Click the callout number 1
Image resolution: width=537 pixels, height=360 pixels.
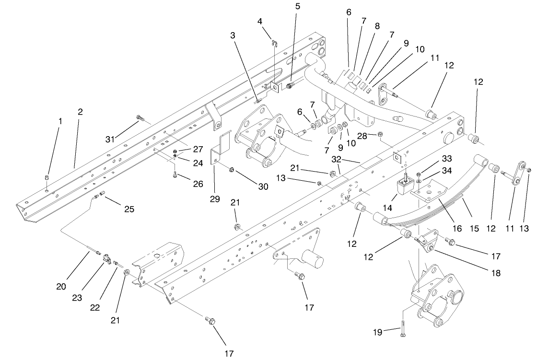60,122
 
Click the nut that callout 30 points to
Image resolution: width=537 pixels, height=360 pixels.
231,169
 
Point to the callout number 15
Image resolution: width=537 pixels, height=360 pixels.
474,230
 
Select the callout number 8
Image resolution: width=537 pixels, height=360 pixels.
377,26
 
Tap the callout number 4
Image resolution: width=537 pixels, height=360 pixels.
260,21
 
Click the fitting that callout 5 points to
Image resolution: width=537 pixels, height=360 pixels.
290,86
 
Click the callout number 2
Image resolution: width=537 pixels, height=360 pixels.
80,112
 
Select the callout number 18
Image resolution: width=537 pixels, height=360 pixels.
495,273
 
